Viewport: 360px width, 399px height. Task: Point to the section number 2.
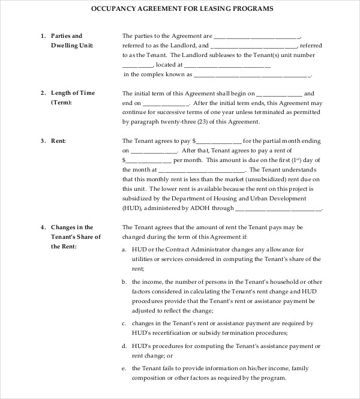tap(43, 93)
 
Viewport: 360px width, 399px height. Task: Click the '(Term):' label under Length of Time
tap(61, 103)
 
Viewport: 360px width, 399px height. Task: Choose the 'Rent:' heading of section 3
tap(58, 141)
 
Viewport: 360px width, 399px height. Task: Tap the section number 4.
tap(43, 227)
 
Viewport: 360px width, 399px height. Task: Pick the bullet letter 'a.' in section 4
tap(124, 249)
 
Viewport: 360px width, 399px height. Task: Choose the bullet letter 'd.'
tap(124, 346)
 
